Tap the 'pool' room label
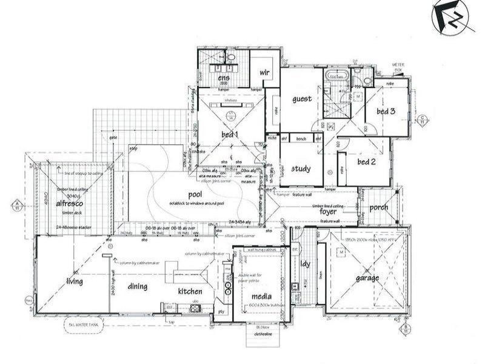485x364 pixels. (x=195, y=194)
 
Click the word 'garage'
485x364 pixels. (x=367, y=278)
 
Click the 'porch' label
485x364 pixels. (x=379, y=207)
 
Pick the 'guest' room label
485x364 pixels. (x=301, y=99)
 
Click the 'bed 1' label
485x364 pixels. (x=230, y=133)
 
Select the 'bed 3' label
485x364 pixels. (x=386, y=111)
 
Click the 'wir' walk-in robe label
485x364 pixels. (x=264, y=72)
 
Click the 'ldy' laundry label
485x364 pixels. (x=305, y=265)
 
